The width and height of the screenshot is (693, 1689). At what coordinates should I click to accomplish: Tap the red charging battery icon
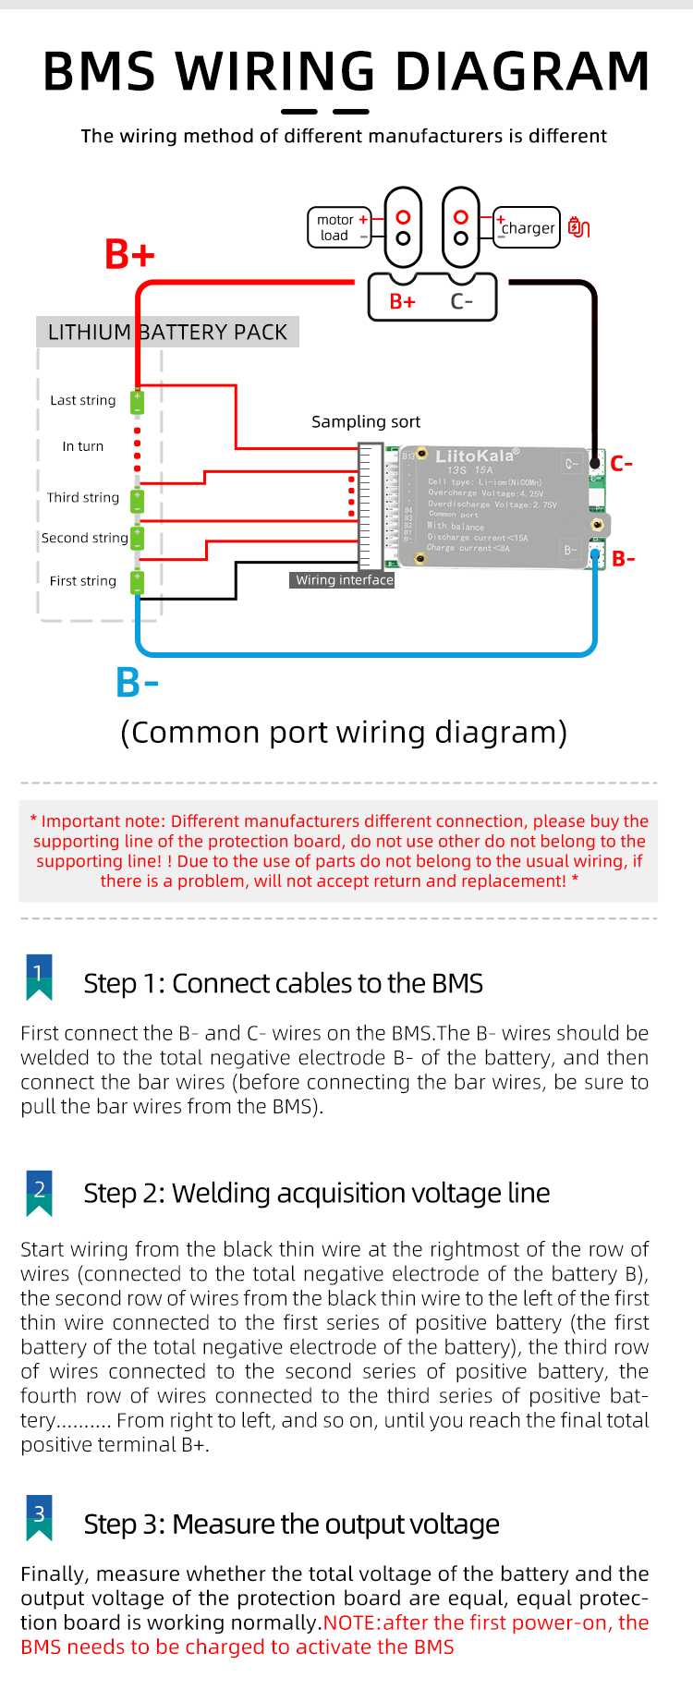pyautogui.click(x=578, y=227)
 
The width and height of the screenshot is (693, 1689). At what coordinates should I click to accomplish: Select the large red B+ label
pyautogui.click(x=129, y=255)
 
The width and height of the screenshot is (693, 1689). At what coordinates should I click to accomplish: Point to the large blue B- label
pyautogui.click(x=137, y=683)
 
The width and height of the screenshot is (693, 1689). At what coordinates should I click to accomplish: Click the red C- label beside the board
pyautogui.click(x=622, y=464)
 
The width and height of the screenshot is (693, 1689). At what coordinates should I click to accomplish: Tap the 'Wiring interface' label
pyautogui.click(x=344, y=580)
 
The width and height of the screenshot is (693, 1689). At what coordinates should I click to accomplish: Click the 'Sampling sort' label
pyautogui.click(x=366, y=422)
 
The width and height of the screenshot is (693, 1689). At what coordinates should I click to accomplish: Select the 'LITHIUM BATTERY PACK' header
pyautogui.click(x=167, y=333)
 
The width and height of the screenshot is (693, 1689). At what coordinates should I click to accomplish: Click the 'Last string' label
pyautogui.click(x=83, y=401)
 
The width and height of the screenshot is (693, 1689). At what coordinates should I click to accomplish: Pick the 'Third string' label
pyautogui.click(x=83, y=498)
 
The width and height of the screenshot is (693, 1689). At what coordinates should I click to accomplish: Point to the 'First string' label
pyautogui.click(x=83, y=581)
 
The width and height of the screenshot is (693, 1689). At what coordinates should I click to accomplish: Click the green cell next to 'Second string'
pyautogui.click(x=138, y=538)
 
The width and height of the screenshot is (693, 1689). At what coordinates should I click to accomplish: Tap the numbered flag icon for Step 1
pyautogui.click(x=39, y=978)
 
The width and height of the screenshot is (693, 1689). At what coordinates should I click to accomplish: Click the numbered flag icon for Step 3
pyautogui.click(x=39, y=1518)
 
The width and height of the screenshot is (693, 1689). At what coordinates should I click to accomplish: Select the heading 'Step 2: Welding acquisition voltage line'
pyautogui.click(x=316, y=1194)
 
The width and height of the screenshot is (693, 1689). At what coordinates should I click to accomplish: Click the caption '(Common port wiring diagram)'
pyautogui.click(x=344, y=733)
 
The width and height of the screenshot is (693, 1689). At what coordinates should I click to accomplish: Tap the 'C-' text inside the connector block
pyautogui.click(x=462, y=302)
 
